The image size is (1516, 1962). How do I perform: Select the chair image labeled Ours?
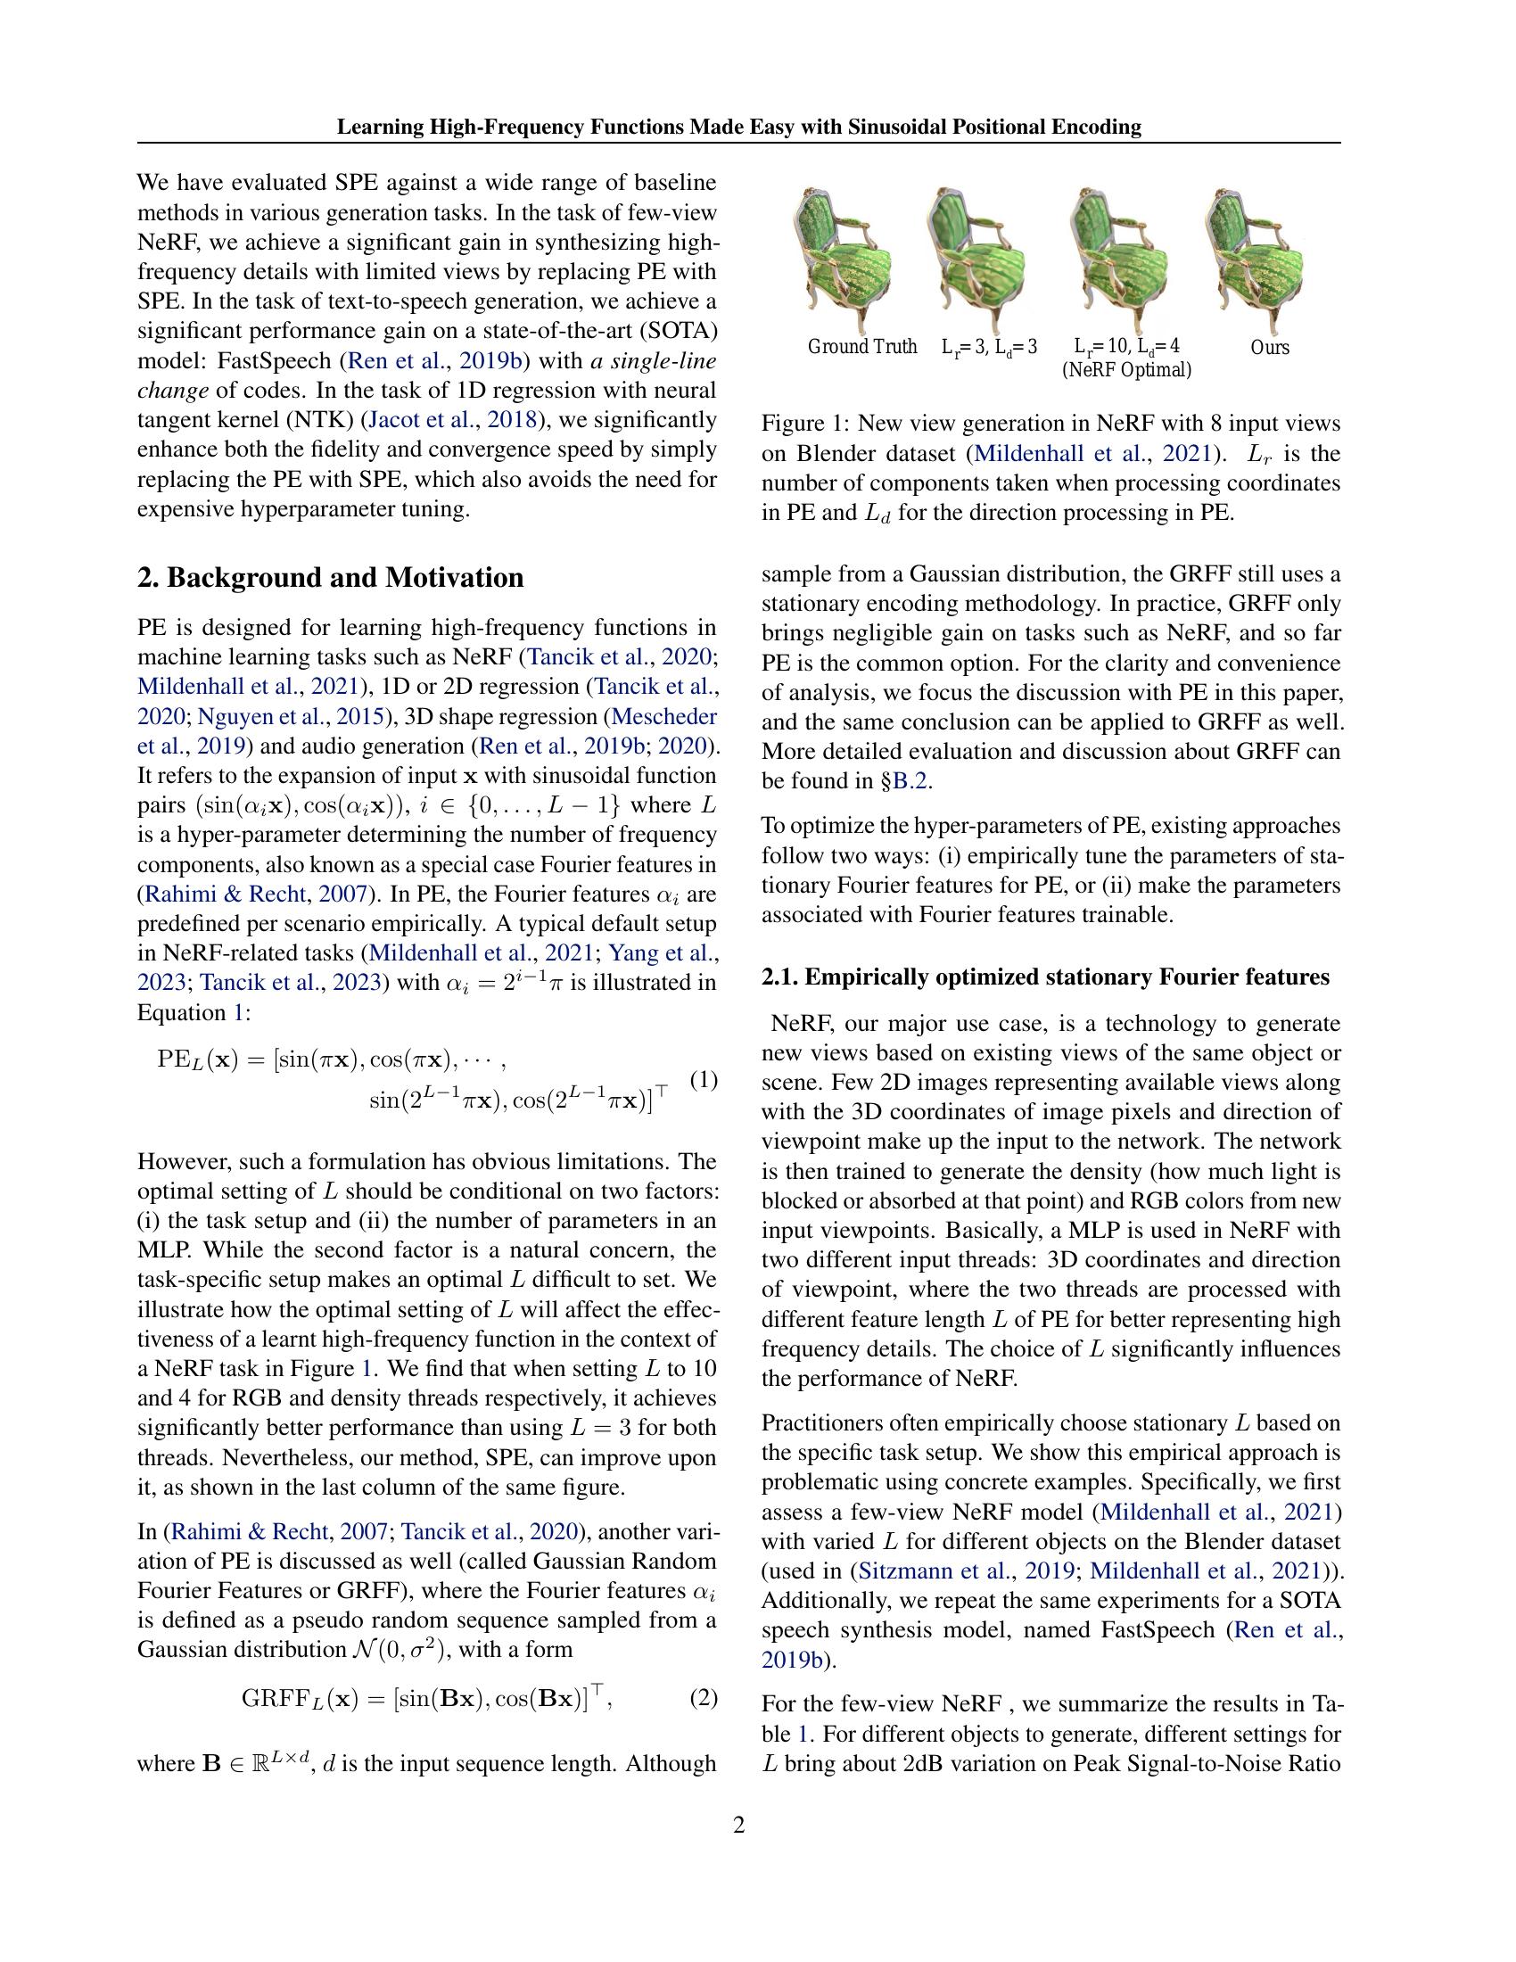[x=1255, y=257]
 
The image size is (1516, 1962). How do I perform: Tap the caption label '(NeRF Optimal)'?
[x=1126, y=370]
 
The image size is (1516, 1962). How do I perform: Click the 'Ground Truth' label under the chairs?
[x=862, y=347]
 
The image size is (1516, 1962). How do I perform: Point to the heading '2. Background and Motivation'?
[x=331, y=577]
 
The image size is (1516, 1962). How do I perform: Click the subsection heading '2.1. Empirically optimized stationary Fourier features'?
[x=1045, y=977]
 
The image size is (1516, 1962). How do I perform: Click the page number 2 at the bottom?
[x=738, y=1825]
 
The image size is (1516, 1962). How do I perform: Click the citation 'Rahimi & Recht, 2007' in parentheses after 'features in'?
[x=254, y=894]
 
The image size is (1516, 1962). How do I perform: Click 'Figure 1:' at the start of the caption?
[x=808, y=424]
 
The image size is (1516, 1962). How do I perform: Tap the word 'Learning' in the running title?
[x=378, y=127]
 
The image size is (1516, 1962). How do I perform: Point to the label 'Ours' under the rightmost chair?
[x=1269, y=348]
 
